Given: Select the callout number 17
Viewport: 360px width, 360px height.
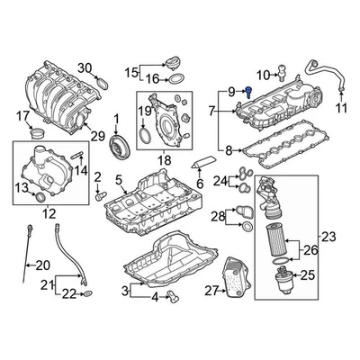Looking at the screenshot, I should [x=23, y=115].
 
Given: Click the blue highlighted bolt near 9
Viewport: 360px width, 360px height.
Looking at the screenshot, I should [x=243, y=92].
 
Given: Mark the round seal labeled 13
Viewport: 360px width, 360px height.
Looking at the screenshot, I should [x=41, y=196].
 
